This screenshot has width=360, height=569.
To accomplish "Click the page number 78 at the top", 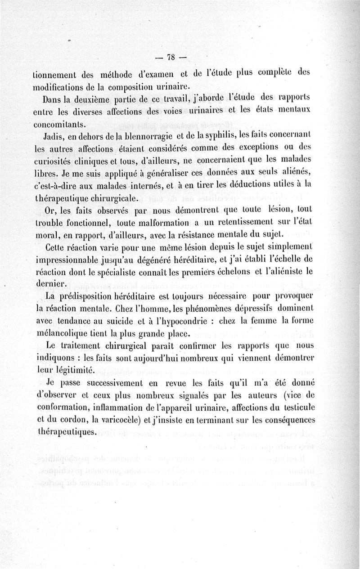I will click(x=170, y=57).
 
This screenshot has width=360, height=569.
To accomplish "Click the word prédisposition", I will click(x=91, y=296).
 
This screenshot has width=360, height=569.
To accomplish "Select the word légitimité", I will click(x=73, y=370).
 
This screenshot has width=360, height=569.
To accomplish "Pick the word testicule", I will click(x=306, y=408).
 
